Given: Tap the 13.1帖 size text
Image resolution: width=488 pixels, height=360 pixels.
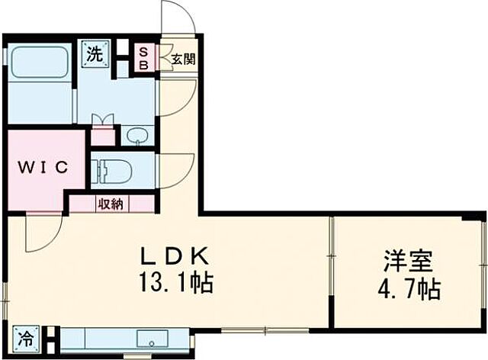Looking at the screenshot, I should tap(175, 284).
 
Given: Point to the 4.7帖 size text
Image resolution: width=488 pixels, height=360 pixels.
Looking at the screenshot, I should tap(407, 289).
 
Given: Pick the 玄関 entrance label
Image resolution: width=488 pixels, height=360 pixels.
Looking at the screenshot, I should tap(182, 59).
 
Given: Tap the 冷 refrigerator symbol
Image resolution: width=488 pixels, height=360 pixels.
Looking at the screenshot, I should tap(26, 336).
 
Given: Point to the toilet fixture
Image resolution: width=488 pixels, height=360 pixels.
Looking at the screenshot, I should tap(110, 169).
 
